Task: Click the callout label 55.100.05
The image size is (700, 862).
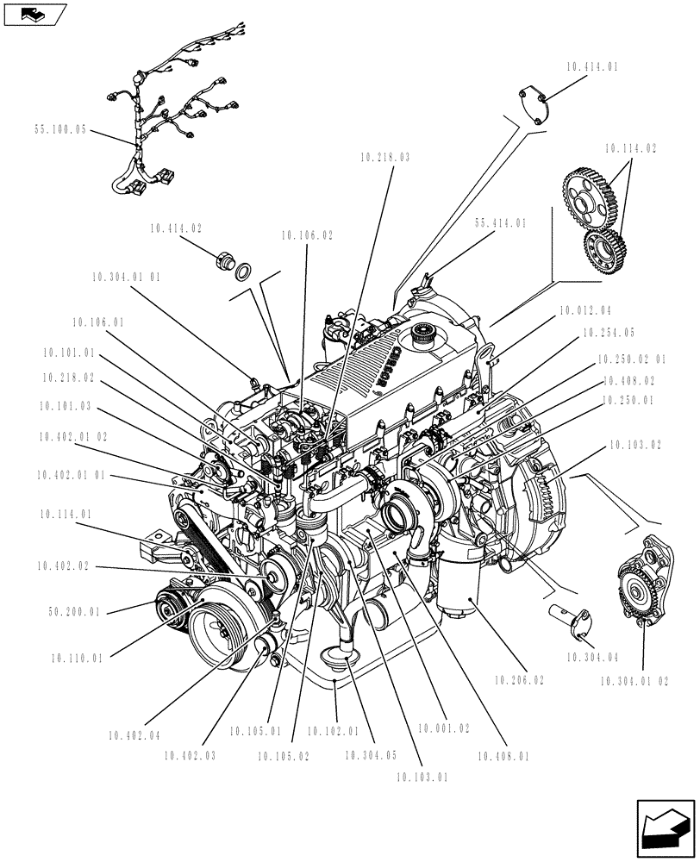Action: pos(61,130)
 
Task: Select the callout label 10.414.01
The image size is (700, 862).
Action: pos(594,66)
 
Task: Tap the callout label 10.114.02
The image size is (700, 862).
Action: pos(630,148)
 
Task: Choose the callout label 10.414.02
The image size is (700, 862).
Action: pos(176,228)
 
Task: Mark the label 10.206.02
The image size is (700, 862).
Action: pos(519,680)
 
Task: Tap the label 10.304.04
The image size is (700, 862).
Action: pos(594,658)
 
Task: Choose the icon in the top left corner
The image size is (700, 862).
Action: pos(34,14)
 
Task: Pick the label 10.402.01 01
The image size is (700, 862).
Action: pos(72,475)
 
